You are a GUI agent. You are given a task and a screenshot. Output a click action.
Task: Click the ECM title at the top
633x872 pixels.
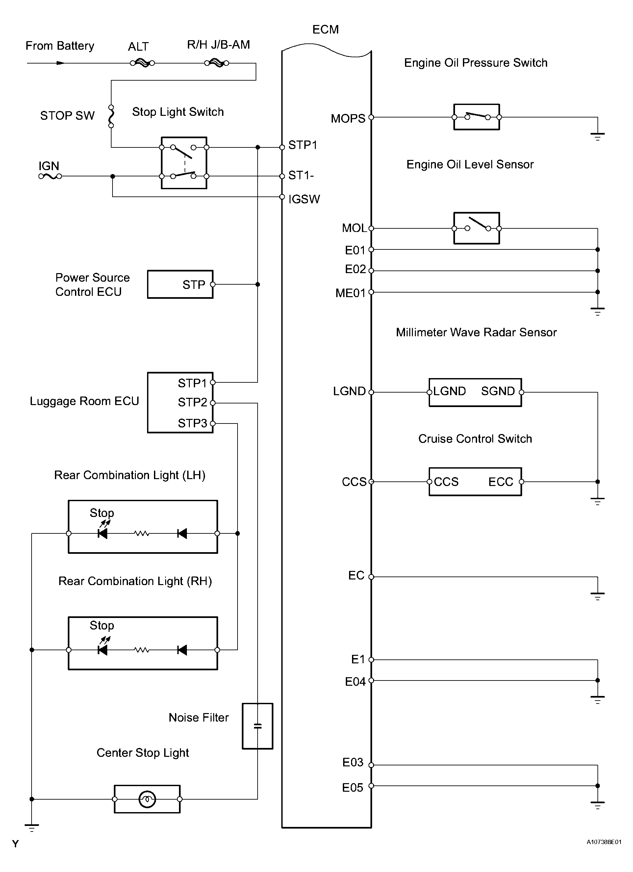pos(325,30)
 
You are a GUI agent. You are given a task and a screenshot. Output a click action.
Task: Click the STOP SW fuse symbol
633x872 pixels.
pos(111,116)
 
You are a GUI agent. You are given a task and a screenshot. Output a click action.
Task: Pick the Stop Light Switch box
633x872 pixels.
pos(184,163)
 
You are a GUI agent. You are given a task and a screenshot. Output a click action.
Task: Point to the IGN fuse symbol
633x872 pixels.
pos(50,176)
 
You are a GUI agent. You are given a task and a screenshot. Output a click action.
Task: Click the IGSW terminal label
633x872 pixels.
pos(304,199)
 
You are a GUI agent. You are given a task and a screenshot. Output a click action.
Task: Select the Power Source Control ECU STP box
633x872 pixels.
pos(180,285)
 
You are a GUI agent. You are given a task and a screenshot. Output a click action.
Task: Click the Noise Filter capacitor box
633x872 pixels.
pos(258,726)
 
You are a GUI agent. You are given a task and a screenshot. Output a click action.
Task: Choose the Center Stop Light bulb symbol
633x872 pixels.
pos(147,799)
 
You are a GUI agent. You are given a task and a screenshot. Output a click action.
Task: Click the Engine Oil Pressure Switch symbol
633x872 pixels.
pos(477,117)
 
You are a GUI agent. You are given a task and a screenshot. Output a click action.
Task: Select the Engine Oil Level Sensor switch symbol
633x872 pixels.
pos(477,228)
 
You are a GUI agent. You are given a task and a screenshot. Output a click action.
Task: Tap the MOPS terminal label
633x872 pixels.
pos(348,118)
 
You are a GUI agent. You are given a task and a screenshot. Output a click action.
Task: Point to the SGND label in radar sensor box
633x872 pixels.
pos(498,391)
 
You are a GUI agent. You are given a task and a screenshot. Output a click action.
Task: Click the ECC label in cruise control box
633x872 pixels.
pos(500,482)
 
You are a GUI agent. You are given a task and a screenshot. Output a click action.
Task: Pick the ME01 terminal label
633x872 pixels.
pos(350,293)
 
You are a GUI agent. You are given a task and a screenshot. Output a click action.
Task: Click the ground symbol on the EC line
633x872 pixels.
pos(597,596)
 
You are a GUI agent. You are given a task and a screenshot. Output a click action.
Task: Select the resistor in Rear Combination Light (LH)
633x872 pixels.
pos(141,533)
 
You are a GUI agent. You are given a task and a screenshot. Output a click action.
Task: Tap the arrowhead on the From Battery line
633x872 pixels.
pos(60,63)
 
